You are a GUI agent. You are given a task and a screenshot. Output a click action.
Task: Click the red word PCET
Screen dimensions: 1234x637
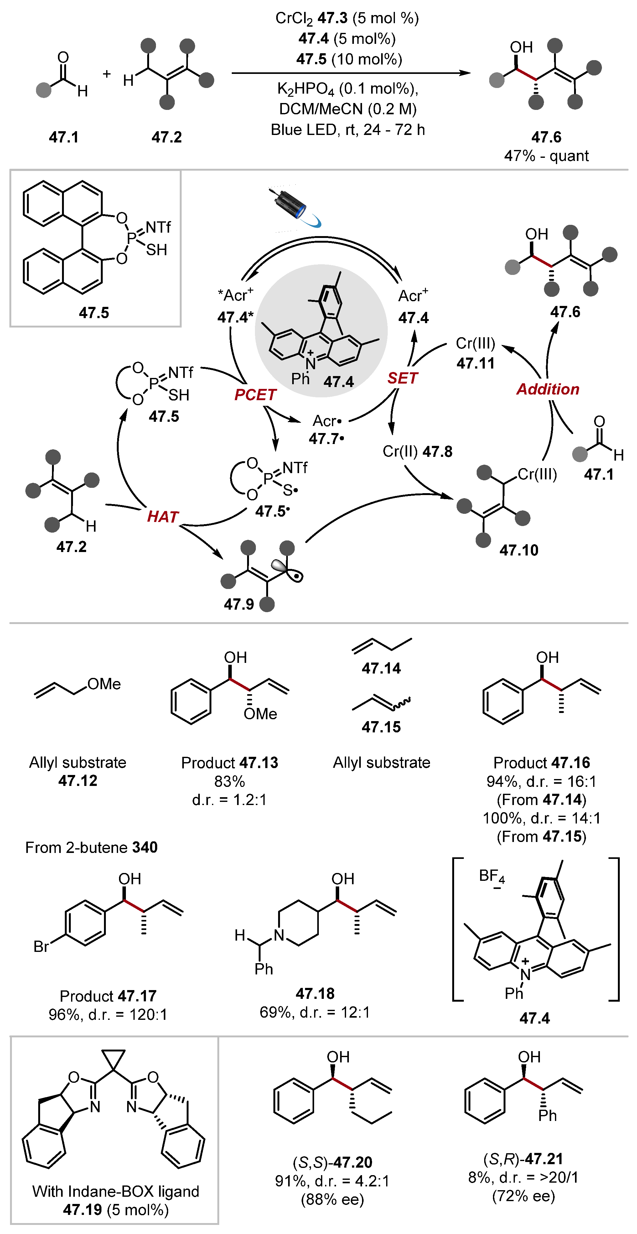pos(255,395)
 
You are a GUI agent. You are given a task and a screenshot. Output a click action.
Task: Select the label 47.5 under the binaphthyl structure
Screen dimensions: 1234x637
pos(94,313)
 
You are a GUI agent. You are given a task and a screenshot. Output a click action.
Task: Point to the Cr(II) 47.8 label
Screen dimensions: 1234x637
pos(417,451)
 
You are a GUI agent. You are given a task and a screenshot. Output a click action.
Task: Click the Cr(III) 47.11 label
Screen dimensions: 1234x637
pos(475,353)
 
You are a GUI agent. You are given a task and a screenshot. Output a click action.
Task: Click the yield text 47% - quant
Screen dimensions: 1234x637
pos(546,156)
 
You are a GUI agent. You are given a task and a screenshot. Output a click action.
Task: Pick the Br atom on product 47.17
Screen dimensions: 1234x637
pos(41,947)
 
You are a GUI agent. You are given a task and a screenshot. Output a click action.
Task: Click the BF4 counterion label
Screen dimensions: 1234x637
pos(491,877)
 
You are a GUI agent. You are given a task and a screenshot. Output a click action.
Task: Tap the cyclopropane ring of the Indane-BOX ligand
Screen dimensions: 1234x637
pos(113,1058)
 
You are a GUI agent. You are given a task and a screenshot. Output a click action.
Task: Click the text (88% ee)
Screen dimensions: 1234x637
pos(332,1200)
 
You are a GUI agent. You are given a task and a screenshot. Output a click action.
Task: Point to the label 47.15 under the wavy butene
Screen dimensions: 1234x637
pos(381,727)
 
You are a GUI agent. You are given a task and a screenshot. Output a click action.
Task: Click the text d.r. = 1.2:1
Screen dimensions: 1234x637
pos(230,799)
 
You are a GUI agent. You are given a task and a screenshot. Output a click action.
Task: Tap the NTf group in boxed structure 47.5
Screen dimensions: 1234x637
pos(158,227)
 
